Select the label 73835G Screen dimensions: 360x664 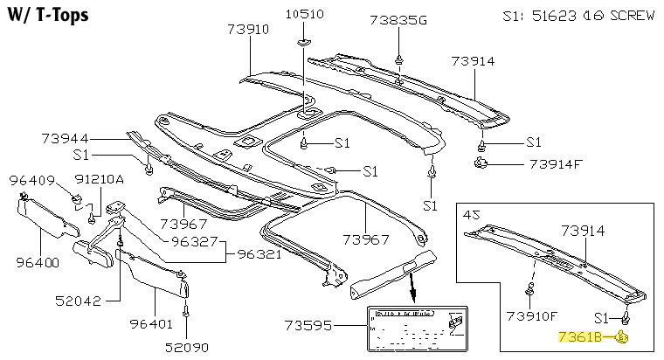coord(398,20)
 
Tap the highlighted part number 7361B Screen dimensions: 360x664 coord(585,336)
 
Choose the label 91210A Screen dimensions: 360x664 coord(98,179)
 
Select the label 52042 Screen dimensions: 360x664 coord(78,301)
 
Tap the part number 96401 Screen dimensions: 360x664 coord(155,322)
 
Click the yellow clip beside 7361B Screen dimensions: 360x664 coord(624,336)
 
